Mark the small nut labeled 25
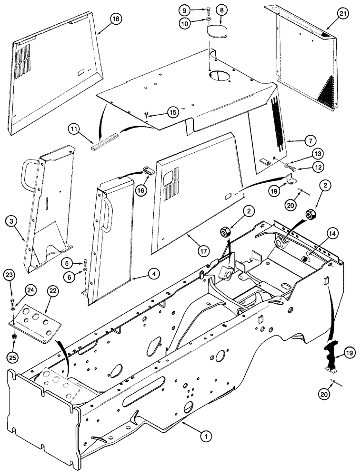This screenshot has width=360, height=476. [x=15, y=337]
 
